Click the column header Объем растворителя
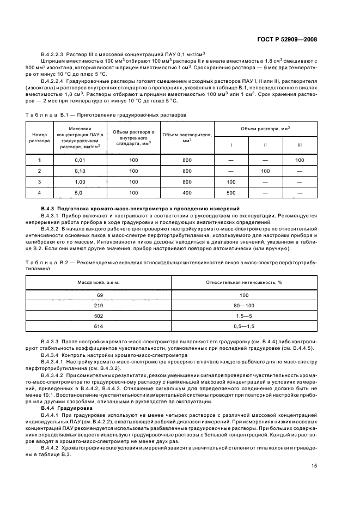(x=187, y=137)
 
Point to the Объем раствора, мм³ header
(x=265, y=129)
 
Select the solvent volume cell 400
(x=187, y=192)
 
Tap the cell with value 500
(x=231, y=192)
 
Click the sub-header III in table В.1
(x=300, y=145)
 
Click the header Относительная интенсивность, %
(x=243, y=282)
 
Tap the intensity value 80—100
(x=243, y=306)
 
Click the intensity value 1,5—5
(x=243, y=317)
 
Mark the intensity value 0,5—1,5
(x=243, y=327)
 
